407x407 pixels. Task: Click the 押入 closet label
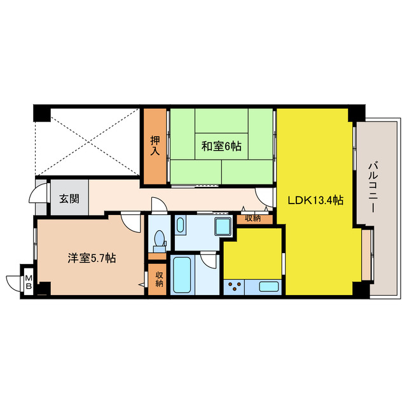point(155,146)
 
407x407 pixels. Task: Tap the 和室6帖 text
point(221,146)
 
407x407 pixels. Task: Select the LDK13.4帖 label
point(316,200)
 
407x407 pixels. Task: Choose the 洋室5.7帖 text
point(92,259)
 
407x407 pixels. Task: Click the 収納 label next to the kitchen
point(253,219)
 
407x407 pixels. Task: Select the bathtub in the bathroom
point(183,274)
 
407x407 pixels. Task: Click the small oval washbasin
point(180,225)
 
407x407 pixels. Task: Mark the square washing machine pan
point(223,226)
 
